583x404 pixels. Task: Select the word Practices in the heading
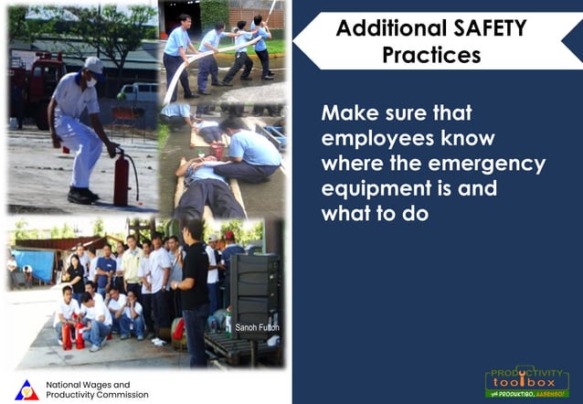tap(431, 55)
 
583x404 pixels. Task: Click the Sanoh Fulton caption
tap(257, 327)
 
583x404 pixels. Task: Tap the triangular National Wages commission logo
tap(27, 389)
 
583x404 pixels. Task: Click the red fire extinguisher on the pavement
tap(121, 182)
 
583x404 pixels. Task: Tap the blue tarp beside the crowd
tap(34, 266)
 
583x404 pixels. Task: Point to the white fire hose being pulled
tap(183, 73)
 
